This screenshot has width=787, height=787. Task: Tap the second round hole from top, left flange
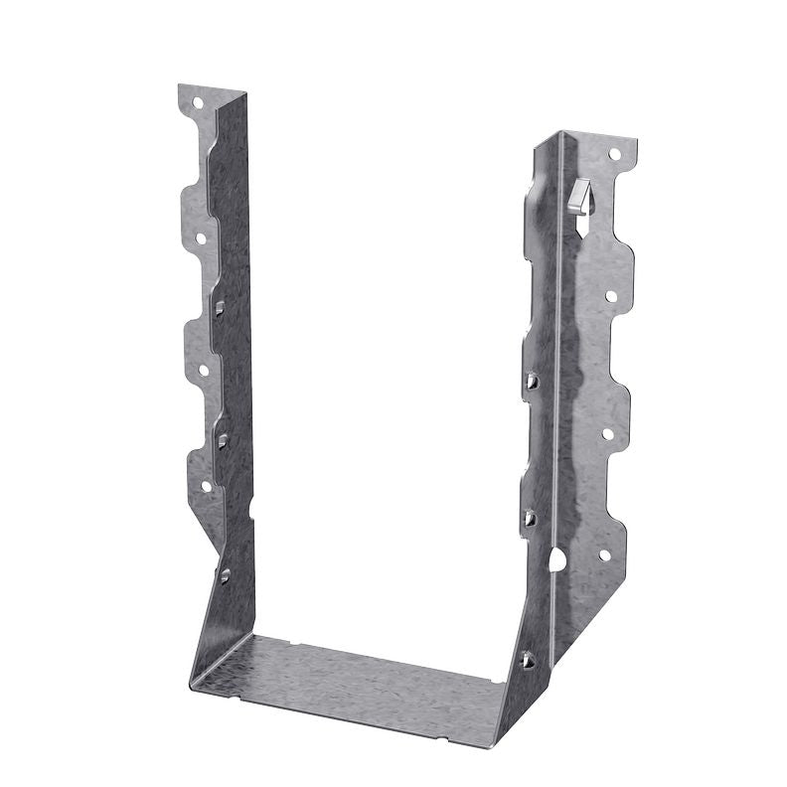201,237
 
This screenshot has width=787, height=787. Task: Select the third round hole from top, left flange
204,370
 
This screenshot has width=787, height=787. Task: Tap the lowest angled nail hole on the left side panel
226,573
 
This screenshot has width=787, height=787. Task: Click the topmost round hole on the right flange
613,155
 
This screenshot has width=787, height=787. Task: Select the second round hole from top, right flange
610,296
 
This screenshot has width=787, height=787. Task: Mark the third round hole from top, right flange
607,433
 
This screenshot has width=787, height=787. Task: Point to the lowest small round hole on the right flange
603,556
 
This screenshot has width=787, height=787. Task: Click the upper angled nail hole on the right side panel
532,379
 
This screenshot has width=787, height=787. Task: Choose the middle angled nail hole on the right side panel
530,517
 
